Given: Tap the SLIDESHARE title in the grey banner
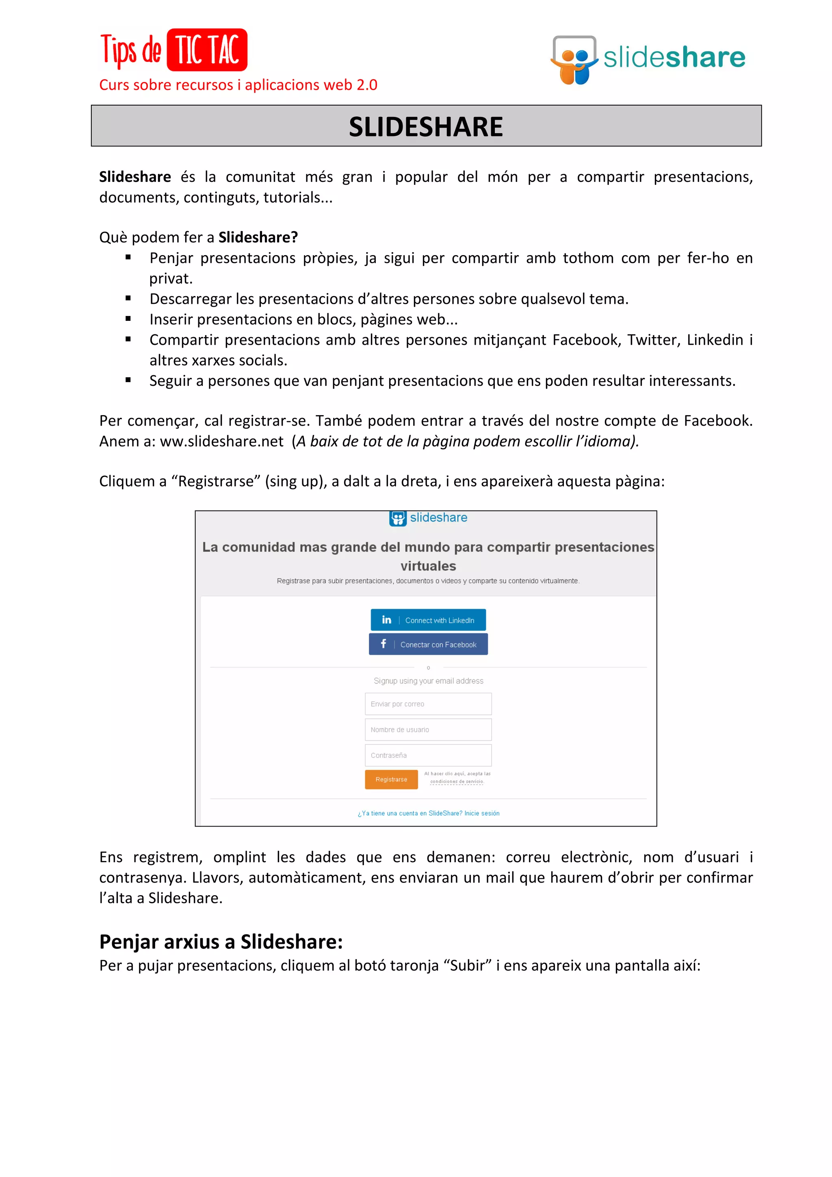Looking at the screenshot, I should click(x=425, y=127).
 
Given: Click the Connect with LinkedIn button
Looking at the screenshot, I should click(x=428, y=620).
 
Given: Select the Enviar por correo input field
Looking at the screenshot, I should click(x=428, y=704).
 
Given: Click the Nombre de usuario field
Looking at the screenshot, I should click(x=428, y=729).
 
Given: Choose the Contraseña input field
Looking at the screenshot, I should click(x=428, y=755).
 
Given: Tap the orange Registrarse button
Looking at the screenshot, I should click(x=391, y=779).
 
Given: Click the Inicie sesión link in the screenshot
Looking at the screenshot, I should click(x=481, y=813).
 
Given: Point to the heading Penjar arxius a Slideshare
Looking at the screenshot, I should click(x=221, y=942).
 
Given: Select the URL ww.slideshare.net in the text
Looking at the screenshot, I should click(x=221, y=441).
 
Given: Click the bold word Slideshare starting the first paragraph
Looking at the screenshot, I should click(x=135, y=177).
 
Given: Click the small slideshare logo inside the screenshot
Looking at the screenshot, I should click(x=428, y=518).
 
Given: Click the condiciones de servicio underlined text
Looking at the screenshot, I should click(x=456, y=782).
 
